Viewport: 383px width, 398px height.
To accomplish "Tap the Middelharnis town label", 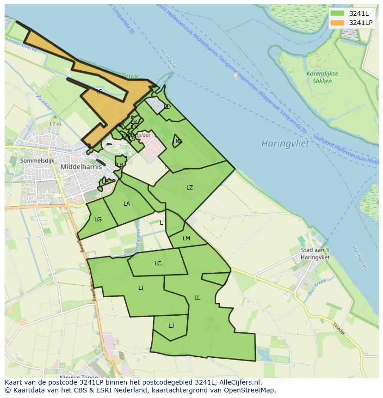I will pos(81,167).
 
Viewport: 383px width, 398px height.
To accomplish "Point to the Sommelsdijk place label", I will pos(37,160).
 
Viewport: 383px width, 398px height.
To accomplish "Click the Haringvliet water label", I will pos(285,143).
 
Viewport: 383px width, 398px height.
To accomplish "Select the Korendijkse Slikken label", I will pos(322,77).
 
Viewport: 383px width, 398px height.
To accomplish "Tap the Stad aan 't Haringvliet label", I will pos(315,254).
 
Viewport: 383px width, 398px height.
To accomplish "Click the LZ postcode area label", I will pos(190,188).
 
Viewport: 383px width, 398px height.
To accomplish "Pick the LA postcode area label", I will pos(127,204).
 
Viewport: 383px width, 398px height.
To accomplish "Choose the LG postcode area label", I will pos(98,220).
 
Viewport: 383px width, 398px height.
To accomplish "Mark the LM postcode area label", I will pos(186,239).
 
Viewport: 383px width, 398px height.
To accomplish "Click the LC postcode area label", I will pos(158,263).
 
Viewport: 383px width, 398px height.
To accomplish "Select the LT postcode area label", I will pos(141,288).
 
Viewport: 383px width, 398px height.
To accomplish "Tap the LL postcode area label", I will pos(197,298).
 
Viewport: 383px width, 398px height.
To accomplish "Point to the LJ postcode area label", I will pos(171,326).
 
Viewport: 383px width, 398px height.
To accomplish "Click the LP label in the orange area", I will pos(99,92).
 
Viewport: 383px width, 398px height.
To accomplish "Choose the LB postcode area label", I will pos(120,165).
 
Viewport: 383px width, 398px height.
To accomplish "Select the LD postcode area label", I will pos(167,107).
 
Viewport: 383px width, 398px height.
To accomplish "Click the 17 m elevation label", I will pos(55,124).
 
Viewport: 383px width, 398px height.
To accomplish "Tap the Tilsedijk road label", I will pos(339,328).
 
